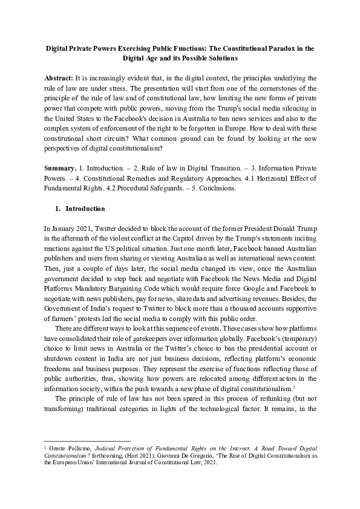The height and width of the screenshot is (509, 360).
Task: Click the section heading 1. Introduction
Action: (x=80, y=209)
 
